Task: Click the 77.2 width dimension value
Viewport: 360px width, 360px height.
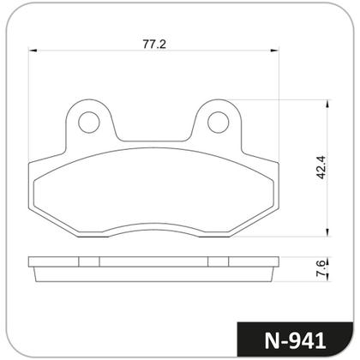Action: pyautogui.click(x=154, y=45)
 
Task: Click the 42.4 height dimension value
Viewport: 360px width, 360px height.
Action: pyautogui.click(x=321, y=167)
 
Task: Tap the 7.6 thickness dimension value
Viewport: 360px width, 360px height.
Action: pyautogui.click(x=321, y=268)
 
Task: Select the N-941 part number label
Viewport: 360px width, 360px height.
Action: pyautogui.click(x=295, y=340)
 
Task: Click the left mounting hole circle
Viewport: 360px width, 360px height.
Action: pyautogui.click(x=89, y=123)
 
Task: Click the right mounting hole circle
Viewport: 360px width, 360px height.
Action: pyautogui.click(x=219, y=123)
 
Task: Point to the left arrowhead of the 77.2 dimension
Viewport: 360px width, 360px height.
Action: pyautogui.click(x=33, y=51)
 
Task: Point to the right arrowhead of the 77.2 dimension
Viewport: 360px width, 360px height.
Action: pyautogui.click(x=274, y=51)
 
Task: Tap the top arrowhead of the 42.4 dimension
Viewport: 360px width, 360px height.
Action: pyautogui.click(x=327, y=104)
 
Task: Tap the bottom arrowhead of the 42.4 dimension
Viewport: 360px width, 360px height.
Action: pyautogui.click(x=327, y=232)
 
